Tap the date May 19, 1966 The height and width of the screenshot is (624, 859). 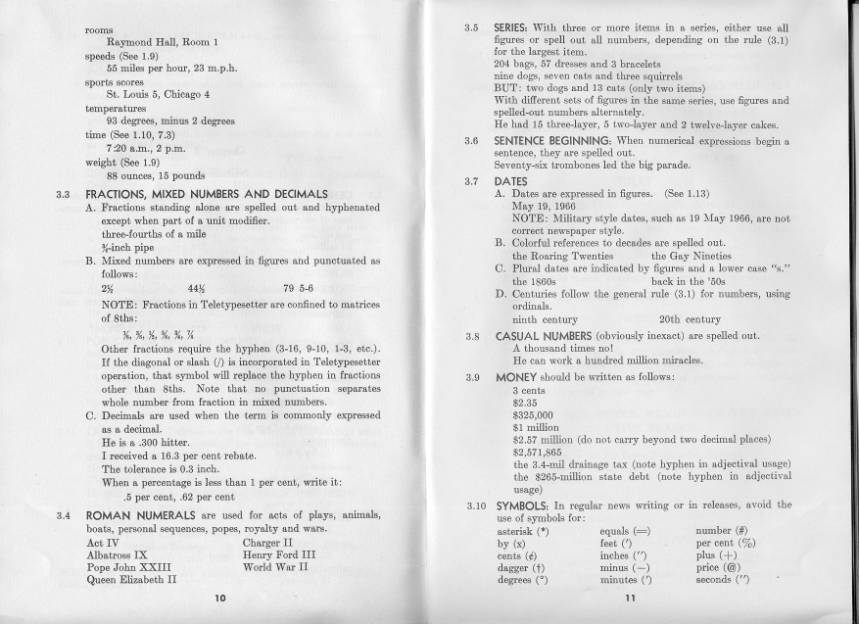coord(547,207)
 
